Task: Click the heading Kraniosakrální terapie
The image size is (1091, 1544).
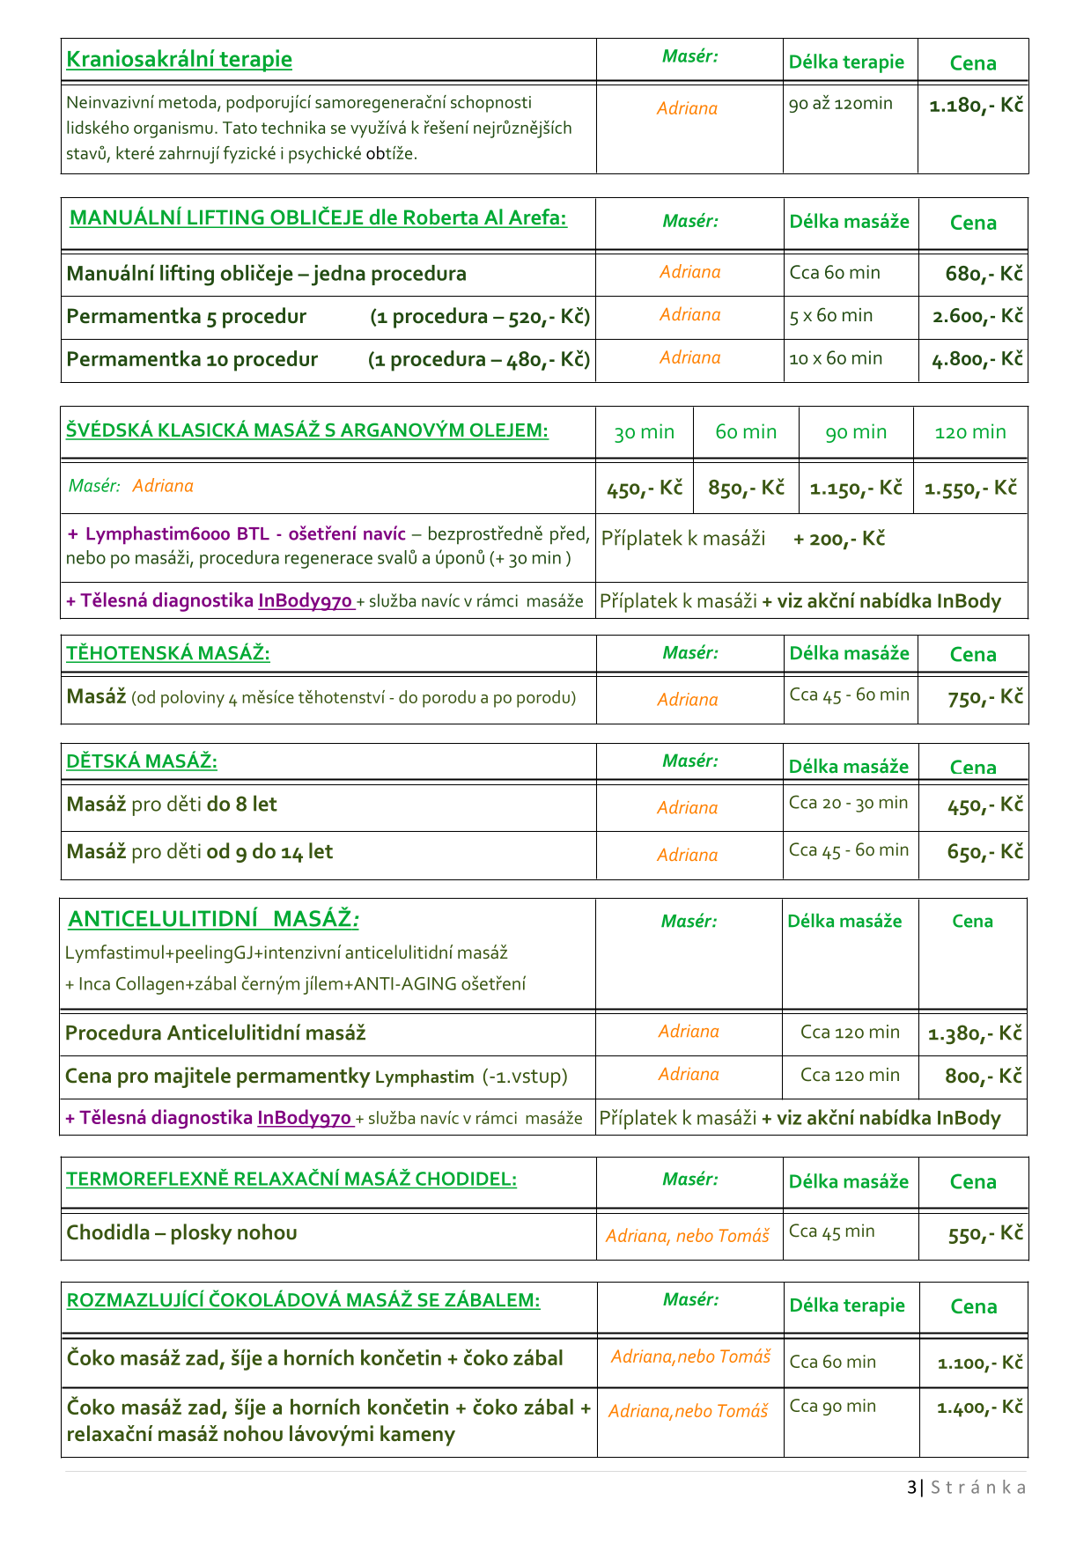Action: (x=179, y=60)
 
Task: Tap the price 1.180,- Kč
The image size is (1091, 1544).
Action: (x=976, y=106)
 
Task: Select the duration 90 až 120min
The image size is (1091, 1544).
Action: (x=840, y=104)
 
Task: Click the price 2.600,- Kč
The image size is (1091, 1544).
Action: (x=977, y=316)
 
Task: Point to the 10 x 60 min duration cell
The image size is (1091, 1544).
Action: (x=836, y=358)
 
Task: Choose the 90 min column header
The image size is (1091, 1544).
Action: (x=855, y=432)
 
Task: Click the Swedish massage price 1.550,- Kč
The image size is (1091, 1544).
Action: (x=970, y=488)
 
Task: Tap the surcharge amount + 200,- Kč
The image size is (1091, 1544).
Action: (x=838, y=539)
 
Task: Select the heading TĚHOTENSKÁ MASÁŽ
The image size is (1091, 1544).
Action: (x=168, y=653)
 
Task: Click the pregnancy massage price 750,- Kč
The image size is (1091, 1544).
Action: (x=984, y=698)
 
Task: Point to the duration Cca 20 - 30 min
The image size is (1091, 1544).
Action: (x=848, y=803)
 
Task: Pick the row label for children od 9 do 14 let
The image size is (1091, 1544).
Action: (x=200, y=852)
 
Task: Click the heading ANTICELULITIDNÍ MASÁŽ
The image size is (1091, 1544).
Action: (x=213, y=919)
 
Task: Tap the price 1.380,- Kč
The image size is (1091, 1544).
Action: (x=975, y=1033)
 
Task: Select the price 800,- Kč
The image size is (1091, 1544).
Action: (x=983, y=1076)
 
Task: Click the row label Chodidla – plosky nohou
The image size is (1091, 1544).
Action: (x=181, y=1232)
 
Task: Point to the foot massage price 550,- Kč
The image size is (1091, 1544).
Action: (x=984, y=1234)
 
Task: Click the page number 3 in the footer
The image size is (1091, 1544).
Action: (x=911, y=1488)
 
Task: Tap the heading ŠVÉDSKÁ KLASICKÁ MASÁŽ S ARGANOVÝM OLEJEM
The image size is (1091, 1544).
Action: (x=307, y=430)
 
